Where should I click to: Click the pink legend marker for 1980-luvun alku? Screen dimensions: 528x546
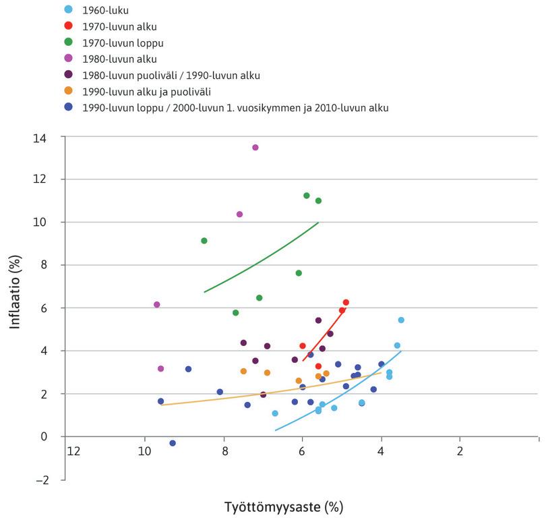(x=68, y=59)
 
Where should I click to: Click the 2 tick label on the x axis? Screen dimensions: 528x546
(x=460, y=450)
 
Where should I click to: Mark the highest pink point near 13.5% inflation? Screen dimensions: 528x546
(x=255, y=148)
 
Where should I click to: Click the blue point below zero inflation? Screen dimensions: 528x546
(x=173, y=443)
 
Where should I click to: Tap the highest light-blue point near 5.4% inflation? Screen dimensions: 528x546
(x=401, y=320)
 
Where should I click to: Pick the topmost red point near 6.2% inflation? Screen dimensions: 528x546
(x=346, y=303)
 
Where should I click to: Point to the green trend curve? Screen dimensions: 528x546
(x=263, y=257)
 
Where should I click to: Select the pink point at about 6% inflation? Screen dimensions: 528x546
(x=157, y=305)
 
